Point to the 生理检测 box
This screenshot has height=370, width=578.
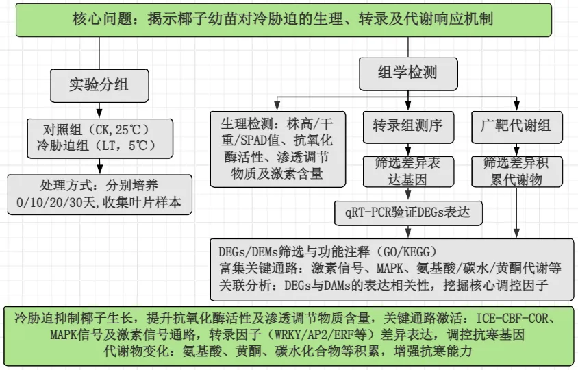click(277, 149)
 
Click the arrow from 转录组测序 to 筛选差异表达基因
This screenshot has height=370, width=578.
click(408, 147)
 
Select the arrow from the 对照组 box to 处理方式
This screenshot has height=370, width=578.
click(99, 166)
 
